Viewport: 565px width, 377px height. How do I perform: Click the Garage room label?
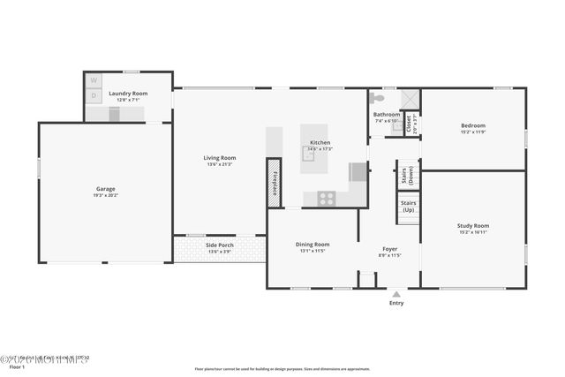pyautogui.click(x=106, y=189)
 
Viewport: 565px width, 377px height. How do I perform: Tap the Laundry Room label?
pyautogui.click(x=128, y=93)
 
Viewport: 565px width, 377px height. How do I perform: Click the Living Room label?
pyautogui.click(x=220, y=158)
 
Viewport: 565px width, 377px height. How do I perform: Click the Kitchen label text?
pyautogui.click(x=320, y=143)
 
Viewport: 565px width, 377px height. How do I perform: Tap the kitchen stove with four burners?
pyautogui.click(x=326, y=199)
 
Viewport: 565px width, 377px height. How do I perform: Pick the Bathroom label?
pyautogui.click(x=387, y=114)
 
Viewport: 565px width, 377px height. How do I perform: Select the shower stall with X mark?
pyautogui.click(x=410, y=99)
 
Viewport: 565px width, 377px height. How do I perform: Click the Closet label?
pyautogui.click(x=408, y=125)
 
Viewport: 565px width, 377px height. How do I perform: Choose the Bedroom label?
pyautogui.click(x=472, y=125)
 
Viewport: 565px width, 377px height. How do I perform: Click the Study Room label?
pyautogui.click(x=472, y=226)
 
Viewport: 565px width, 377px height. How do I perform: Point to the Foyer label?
pyautogui.click(x=390, y=249)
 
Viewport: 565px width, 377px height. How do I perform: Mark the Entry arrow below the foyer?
pyautogui.click(x=395, y=294)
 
